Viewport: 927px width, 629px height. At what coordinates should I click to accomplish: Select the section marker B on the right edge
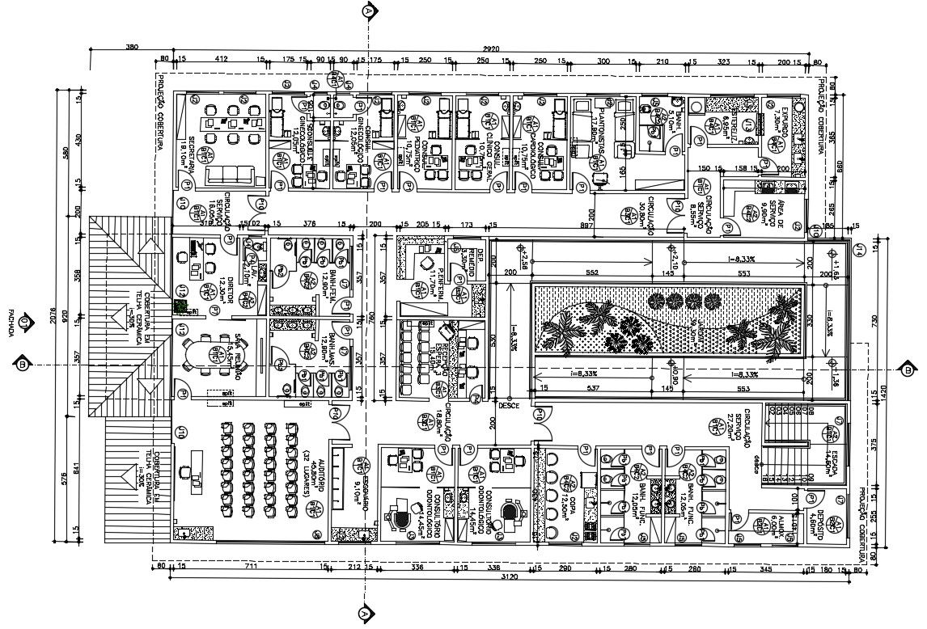point(911,365)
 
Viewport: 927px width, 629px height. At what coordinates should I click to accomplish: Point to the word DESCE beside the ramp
point(508,405)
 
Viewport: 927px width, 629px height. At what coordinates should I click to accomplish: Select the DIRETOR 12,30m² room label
point(229,288)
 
